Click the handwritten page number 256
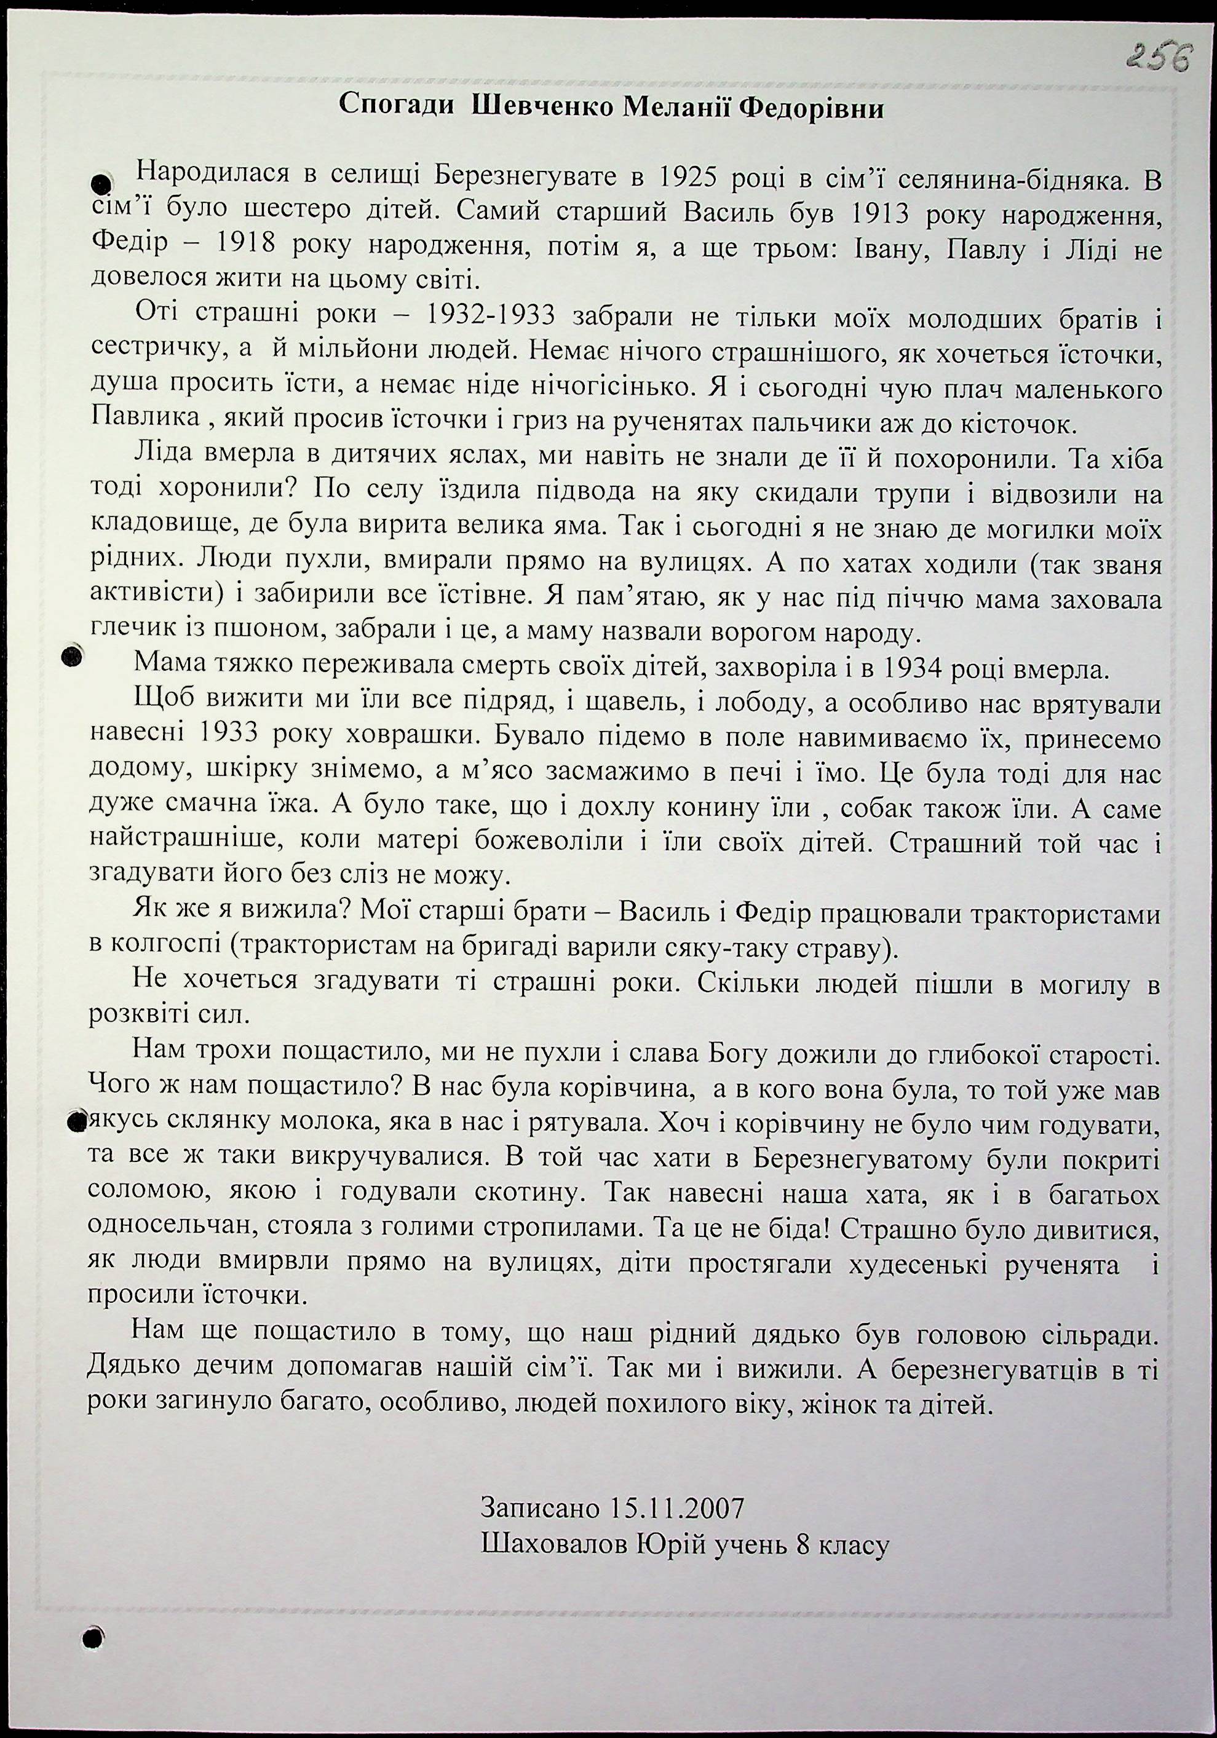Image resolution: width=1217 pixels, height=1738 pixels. [x=1157, y=57]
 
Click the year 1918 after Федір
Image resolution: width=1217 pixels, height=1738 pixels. [x=210, y=247]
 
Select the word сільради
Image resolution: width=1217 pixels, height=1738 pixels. [x=1093, y=1335]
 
